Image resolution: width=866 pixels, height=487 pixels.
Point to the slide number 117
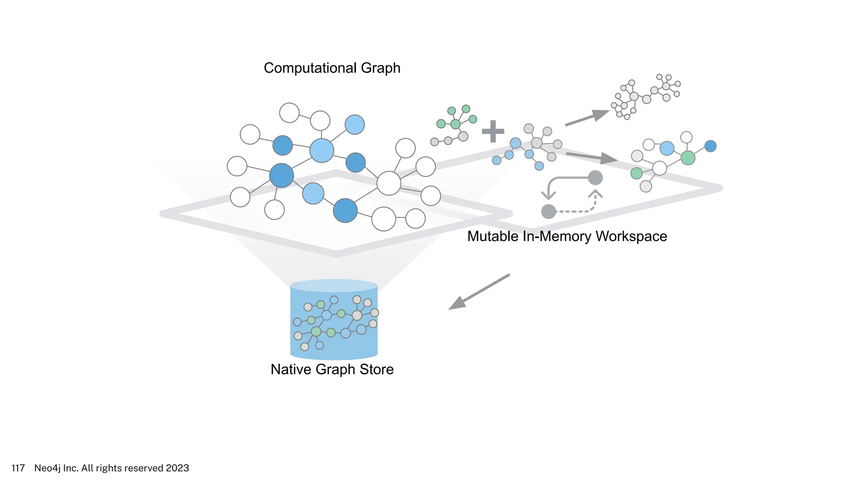(18, 468)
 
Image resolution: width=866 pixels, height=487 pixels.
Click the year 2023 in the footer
(177, 468)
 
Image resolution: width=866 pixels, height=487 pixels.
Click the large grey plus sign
(493, 131)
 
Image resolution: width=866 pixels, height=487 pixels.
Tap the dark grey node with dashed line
(548, 211)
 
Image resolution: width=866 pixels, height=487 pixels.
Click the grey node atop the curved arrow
(595, 178)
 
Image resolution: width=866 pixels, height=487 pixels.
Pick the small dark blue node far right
(710, 146)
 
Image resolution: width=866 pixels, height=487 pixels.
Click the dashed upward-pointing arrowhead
(595, 195)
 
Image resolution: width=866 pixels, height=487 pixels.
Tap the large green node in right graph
(688, 158)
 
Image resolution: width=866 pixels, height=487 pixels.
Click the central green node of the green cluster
(455, 124)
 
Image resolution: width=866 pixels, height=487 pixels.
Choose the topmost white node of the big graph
(289, 113)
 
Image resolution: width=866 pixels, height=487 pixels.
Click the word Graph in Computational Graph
(380, 68)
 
